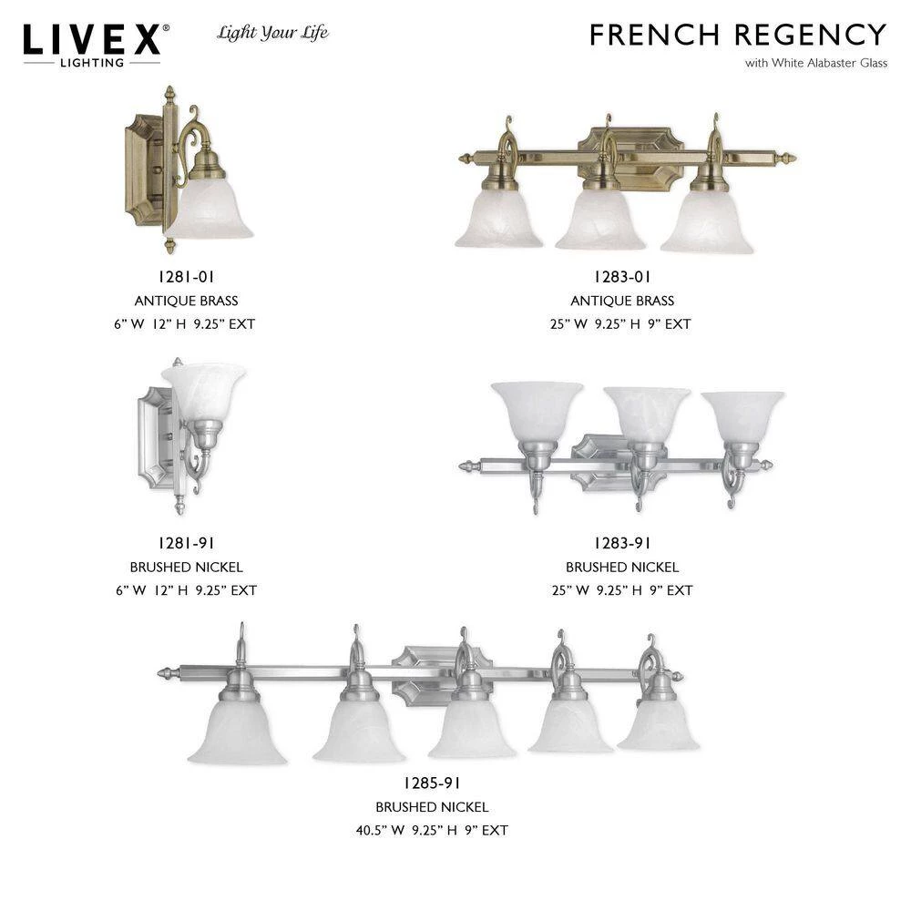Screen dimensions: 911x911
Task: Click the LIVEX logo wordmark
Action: pyautogui.click(x=92, y=40)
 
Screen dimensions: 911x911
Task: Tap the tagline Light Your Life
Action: pyautogui.click(x=272, y=33)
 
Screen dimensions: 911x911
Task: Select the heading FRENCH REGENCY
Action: pyautogui.click(x=738, y=35)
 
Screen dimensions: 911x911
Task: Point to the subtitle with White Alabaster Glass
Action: pyautogui.click(x=816, y=63)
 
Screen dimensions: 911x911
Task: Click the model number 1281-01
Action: pyautogui.click(x=186, y=277)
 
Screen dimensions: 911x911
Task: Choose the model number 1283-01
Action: pyautogui.click(x=621, y=277)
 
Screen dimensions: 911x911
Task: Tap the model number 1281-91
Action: pyautogui.click(x=186, y=543)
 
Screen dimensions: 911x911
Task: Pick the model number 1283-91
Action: pyautogui.click(x=621, y=543)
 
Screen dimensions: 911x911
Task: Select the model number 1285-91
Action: pyautogui.click(x=432, y=783)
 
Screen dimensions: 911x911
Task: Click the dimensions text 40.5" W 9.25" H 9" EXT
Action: pyautogui.click(x=432, y=831)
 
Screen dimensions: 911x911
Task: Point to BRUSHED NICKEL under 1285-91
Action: pyautogui.click(x=432, y=807)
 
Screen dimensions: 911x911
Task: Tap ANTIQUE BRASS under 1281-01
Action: pyautogui.click(x=186, y=301)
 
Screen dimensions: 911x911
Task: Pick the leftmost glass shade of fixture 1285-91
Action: pyautogui.click(x=237, y=733)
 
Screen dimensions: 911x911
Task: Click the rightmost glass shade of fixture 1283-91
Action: pyautogui.click(x=742, y=416)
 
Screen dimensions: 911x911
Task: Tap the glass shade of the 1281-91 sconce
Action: pyautogui.click(x=204, y=389)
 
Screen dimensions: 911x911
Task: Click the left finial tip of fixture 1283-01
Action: pyautogui.click(x=459, y=158)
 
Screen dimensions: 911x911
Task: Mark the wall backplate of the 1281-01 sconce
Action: pyautogui.click(x=144, y=169)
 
